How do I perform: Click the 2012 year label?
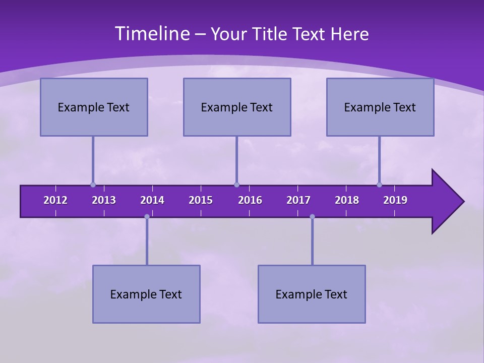55,200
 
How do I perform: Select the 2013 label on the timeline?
104,200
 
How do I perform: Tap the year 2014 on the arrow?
152,200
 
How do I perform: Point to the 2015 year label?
201,200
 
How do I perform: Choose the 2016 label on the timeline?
250,200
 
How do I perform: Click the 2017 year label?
298,200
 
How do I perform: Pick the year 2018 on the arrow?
347,200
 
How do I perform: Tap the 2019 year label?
395,200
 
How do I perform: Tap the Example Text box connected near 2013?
94,107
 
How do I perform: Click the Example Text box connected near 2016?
237,107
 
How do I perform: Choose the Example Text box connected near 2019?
380,107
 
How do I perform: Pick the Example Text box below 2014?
146,294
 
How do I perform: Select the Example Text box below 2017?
312,294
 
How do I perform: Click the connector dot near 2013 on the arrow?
93,185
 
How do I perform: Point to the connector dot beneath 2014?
147,216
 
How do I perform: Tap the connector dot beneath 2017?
312,216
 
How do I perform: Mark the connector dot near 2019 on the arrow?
379,185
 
